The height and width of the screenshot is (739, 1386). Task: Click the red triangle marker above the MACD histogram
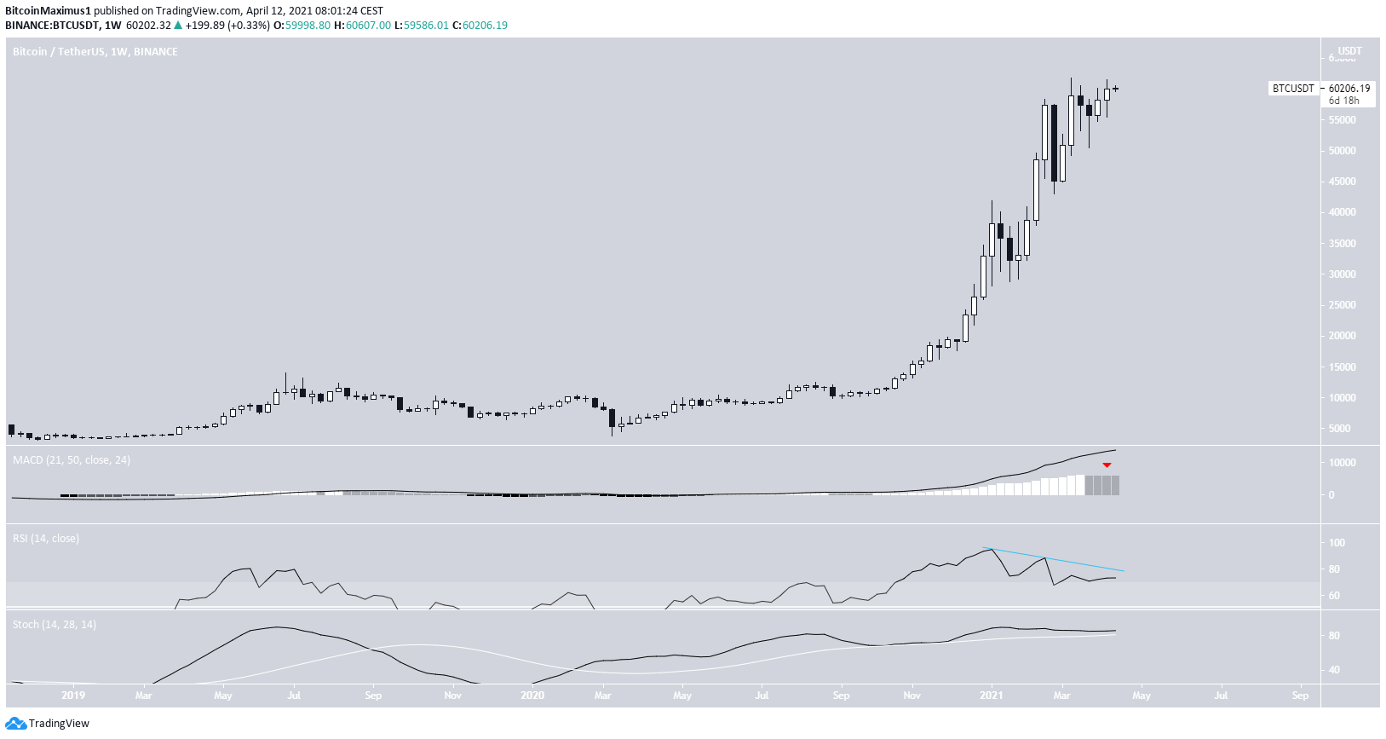(x=1107, y=465)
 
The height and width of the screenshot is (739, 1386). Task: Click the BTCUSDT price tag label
(x=1293, y=89)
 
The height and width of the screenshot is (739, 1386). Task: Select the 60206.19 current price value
(x=1349, y=89)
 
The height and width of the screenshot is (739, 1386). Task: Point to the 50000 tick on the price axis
(x=1343, y=151)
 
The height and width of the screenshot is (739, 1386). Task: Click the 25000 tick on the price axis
(x=1343, y=305)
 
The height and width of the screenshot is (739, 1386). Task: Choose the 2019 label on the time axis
(x=73, y=696)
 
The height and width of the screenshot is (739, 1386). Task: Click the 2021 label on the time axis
(x=991, y=696)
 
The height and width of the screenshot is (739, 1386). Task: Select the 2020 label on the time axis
(x=532, y=696)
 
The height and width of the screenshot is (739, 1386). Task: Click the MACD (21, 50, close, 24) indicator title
(x=72, y=460)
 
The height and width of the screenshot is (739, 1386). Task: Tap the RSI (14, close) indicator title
(x=46, y=539)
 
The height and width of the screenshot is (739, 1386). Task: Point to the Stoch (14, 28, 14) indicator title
(x=55, y=625)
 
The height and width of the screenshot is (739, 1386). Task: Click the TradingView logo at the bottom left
(x=47, y=724)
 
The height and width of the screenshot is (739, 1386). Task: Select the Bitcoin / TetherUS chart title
(x=95, y=52)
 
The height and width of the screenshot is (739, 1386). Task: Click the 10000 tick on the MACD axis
(x=1343, y=463)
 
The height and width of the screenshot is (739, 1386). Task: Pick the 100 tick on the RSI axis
(x=1337, y=543)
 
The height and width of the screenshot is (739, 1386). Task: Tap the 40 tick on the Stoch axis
(x=1334, y=670)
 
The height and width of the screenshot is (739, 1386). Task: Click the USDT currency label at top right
(x=1349, y=51)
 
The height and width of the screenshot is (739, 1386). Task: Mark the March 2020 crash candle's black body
(x=612, y=418)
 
